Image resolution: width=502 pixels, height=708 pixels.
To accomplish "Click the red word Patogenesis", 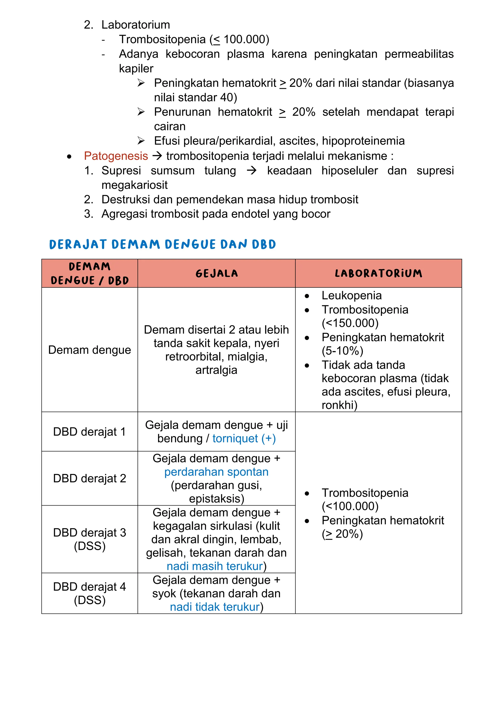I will click(x=116, y=156).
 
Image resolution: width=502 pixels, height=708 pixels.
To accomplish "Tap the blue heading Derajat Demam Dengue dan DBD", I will click(x=162, y=245).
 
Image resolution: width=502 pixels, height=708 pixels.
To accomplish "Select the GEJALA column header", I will click(x=217, y=273).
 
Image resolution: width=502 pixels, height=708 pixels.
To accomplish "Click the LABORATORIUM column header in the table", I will click(x=378, y=273).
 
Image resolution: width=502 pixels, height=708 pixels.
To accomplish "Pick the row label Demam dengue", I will click(x=90, y=350).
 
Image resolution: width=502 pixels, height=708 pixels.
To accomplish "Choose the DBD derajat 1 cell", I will click(x=90, y=432).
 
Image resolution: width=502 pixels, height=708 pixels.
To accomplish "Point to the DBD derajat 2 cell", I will click(x=90, y=478).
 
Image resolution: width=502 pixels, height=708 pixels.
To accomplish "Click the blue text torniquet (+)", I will click(x=244, y=438).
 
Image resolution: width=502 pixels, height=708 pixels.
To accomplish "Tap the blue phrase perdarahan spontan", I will click(x=216, y=472).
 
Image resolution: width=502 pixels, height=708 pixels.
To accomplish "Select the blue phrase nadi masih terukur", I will click(x=215, y=566).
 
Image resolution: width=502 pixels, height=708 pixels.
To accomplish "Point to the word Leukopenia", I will click(x=351, y=295).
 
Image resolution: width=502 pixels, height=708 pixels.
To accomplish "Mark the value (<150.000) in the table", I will click(x=350, y=323).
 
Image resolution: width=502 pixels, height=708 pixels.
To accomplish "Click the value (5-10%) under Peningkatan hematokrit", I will click(x=342, y=351).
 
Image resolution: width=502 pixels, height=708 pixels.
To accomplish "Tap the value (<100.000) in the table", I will click(x=350, y=506).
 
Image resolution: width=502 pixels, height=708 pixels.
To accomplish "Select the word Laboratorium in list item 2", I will click(x=136, y=25).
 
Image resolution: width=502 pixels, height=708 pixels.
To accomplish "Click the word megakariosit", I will click(x=135, y=185).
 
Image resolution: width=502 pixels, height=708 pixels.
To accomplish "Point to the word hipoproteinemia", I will click(x=363, y=141).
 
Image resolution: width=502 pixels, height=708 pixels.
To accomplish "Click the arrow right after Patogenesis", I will click(x=157, y=156).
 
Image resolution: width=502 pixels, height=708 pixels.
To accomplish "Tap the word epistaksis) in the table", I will click(x=216, y=498).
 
